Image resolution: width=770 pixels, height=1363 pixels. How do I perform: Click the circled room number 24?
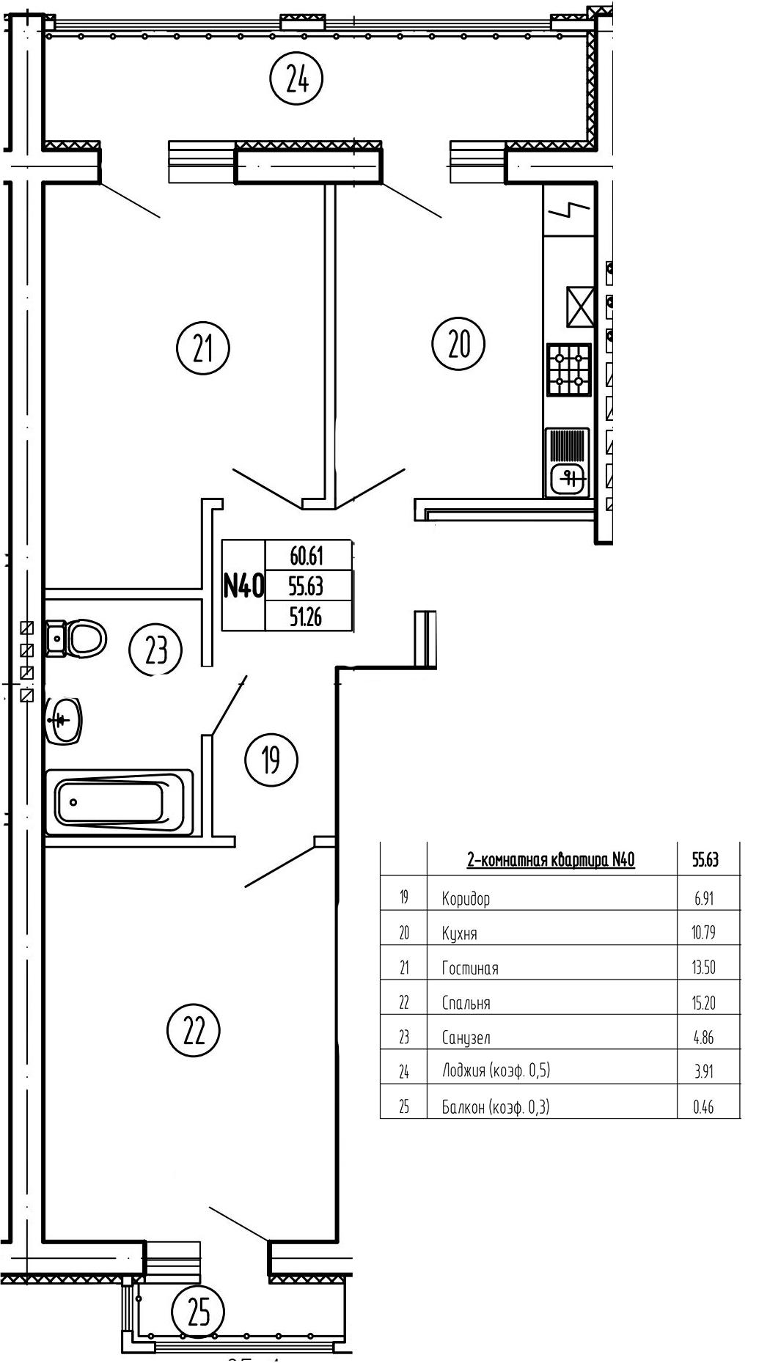click(296, 78)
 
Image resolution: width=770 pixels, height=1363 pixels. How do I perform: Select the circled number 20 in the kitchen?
click(458, 343)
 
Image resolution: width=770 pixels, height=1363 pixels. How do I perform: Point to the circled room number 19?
click(271, 760)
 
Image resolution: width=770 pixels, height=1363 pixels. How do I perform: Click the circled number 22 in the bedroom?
click(194, 1030)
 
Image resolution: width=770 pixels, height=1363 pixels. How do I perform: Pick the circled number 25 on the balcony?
click(198, 1312)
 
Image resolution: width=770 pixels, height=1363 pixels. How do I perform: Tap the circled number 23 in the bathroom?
click(156, 650)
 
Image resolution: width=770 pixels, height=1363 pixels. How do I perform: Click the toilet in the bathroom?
click(78, 638)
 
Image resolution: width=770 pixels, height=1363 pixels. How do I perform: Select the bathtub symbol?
click(118, 802)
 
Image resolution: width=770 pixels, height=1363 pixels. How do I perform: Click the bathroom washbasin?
click(65, 720)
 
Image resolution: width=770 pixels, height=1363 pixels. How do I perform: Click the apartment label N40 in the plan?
click(243, 586)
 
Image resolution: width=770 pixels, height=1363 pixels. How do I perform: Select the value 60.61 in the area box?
click(307, 556)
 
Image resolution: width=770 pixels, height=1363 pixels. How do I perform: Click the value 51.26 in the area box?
click(307, 618)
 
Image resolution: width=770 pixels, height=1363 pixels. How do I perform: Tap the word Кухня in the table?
click(459, 933)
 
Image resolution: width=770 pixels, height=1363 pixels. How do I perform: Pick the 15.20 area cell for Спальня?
click(703, 1002)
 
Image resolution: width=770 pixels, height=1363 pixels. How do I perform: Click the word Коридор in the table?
click(466, 898)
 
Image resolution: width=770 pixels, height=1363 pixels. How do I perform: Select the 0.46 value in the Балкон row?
click(703, 1107)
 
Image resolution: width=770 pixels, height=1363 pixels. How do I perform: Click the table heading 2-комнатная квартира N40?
click(550, 859)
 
